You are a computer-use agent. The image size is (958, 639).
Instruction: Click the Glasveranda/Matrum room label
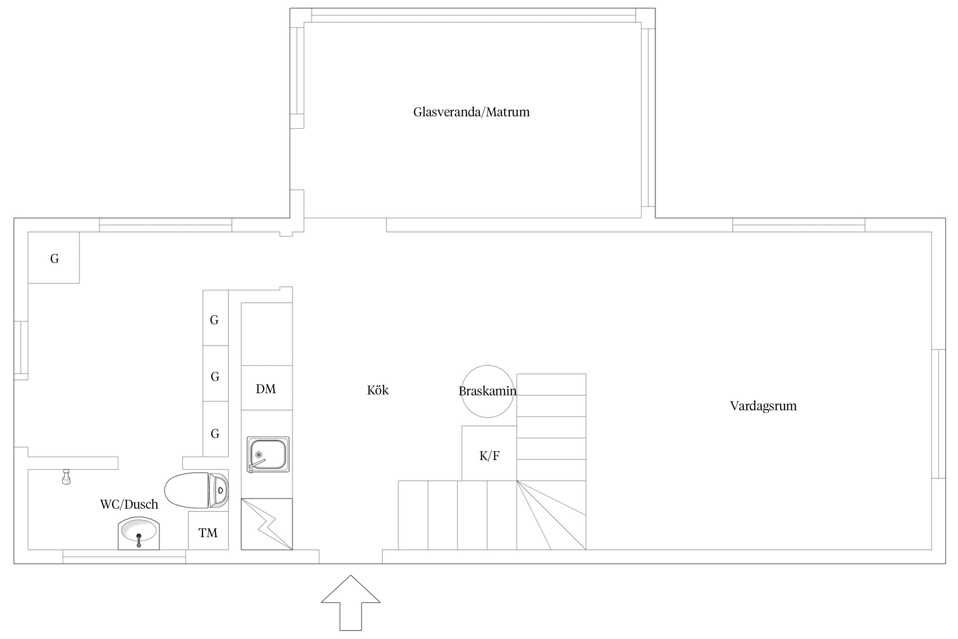pyautogui.click(x=471, y=112)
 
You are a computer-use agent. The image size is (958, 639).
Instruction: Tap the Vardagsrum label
pyautogui.click(x=763, y=406)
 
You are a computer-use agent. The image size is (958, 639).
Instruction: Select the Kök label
pyautogui.click(x=378, y=390)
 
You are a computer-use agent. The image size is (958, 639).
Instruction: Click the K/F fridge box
pyautogui.click(x=489, y=453)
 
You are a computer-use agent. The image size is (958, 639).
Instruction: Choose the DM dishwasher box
pyautogui.click(x=267, y=388)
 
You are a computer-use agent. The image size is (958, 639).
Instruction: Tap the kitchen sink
pyautogui.click(x=268, y=454)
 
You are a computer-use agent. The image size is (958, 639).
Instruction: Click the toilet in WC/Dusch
pyautogui.click(x=197, y=490)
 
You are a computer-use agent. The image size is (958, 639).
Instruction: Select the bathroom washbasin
pyautogui.click(x=139, y=533)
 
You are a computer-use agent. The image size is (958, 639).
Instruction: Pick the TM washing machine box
pyautogui.click(x=208, y=530)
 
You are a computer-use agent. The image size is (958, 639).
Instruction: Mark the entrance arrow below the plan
pyautogui.click(x=350, y=603)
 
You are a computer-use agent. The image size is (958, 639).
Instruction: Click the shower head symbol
pyautogui.click(x=66, y=477)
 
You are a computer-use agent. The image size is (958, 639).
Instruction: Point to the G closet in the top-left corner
pyautogui.click(x=54, y=258)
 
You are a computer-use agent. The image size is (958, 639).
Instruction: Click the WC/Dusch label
pyautogui.click(x=129, y=504)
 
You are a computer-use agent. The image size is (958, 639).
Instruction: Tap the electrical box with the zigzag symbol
pyautogui.click(x=267, y=524)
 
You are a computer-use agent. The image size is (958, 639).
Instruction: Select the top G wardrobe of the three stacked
pyautogui.click(x=215, y=318)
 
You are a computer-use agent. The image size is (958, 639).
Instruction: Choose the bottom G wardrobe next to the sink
pyautogui.click(x=215, y=429)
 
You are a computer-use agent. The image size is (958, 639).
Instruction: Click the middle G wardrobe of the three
pyautogui.click(x=215, y=374)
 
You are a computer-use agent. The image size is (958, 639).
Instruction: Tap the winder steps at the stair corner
pyautogui.click(x=551, y=515)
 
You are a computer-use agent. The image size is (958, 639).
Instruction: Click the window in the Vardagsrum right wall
pyautogui.click(x=938, y=414)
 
